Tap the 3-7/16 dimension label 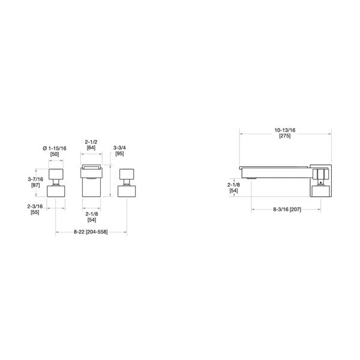(35, 178)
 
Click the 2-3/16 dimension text (35, 206)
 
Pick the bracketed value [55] (35, 212)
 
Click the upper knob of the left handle (56, 175)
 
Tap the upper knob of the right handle (127, 175)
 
